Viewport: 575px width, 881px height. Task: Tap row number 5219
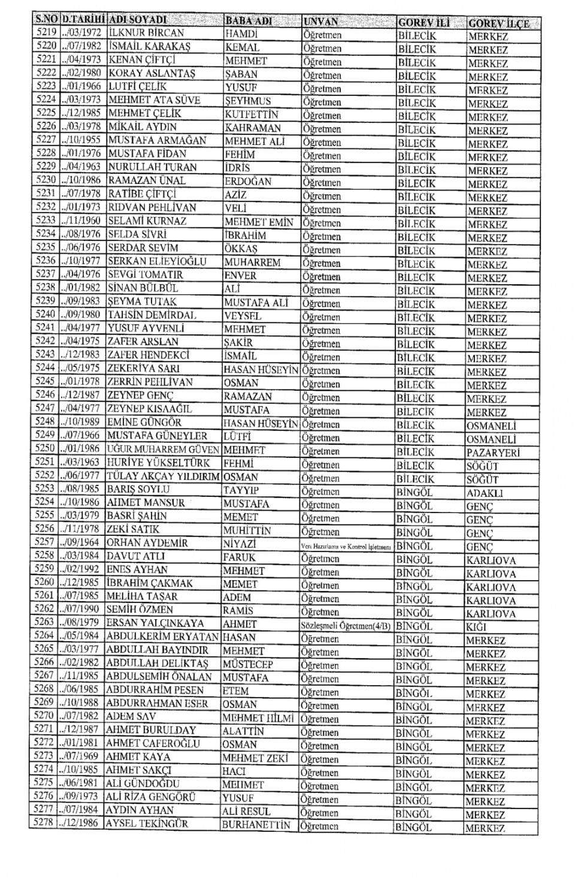[46, 32]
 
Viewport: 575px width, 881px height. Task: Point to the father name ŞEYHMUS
[247, 101]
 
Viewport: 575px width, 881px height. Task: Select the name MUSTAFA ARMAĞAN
[157, 141]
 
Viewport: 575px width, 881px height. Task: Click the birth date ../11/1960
[81, 221]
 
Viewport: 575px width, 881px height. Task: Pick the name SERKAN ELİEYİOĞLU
[157, 261]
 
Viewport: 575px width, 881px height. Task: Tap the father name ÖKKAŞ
[241, 248]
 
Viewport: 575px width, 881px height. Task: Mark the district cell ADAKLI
[485, 493]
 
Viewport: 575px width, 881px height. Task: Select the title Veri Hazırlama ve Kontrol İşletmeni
[346, 547]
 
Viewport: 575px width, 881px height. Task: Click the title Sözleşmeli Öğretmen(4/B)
[346, 626]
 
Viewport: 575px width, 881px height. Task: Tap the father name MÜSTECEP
[247, 664]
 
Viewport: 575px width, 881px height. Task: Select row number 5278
[43, 823]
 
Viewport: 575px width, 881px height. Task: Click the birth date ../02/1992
[81, 569]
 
